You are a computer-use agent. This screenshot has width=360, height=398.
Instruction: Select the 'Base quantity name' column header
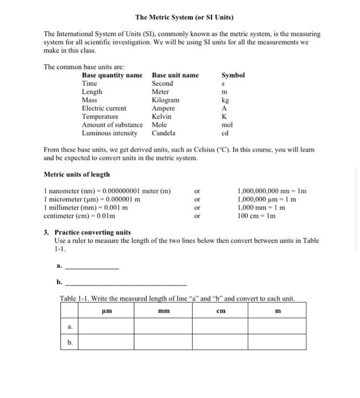pyautogui.click(x=112, y=75)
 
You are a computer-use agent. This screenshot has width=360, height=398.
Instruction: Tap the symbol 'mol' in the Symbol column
pyautogui.click(x=227, y=125)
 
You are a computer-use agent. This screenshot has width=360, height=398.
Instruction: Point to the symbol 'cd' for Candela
pyautogui.click(x=225, y=134)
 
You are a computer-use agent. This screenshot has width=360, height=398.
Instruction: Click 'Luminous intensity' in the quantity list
pyautogui.click(x=110, y=133)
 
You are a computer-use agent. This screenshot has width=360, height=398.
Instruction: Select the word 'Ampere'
pyautogui.click(x=163, y=108)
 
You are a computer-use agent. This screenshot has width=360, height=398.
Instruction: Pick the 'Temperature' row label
pyautogui.click(x=100, y=117)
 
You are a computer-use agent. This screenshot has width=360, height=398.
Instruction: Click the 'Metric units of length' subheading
pyautogui.click(x=77, y=175)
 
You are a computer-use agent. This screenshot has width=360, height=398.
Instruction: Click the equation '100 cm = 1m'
pyautogui.click(x=257, y=216)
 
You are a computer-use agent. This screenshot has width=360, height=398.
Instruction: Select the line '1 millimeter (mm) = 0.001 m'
pyautogui.click(x=85, y=208)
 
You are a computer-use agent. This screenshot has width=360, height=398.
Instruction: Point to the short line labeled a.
pyautogui.click(x=92, y=268)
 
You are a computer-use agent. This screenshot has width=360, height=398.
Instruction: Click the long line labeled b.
pyautogui.click(x=126, y=284)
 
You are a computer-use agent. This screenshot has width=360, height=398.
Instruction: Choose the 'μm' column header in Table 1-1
pyautogui.click(x=106, y=311)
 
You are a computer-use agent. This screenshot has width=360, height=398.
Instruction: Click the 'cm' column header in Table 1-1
pyautogui.click(x=221, y=311)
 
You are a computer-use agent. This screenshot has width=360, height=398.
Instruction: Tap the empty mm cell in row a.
pyautogui.click(x=163, y=326)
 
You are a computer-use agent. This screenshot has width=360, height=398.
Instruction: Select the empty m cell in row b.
pyautogui.click(x=278, y=342)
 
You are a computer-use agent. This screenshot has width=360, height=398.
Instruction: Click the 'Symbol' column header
pyautogui.click(x=233, y=75)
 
